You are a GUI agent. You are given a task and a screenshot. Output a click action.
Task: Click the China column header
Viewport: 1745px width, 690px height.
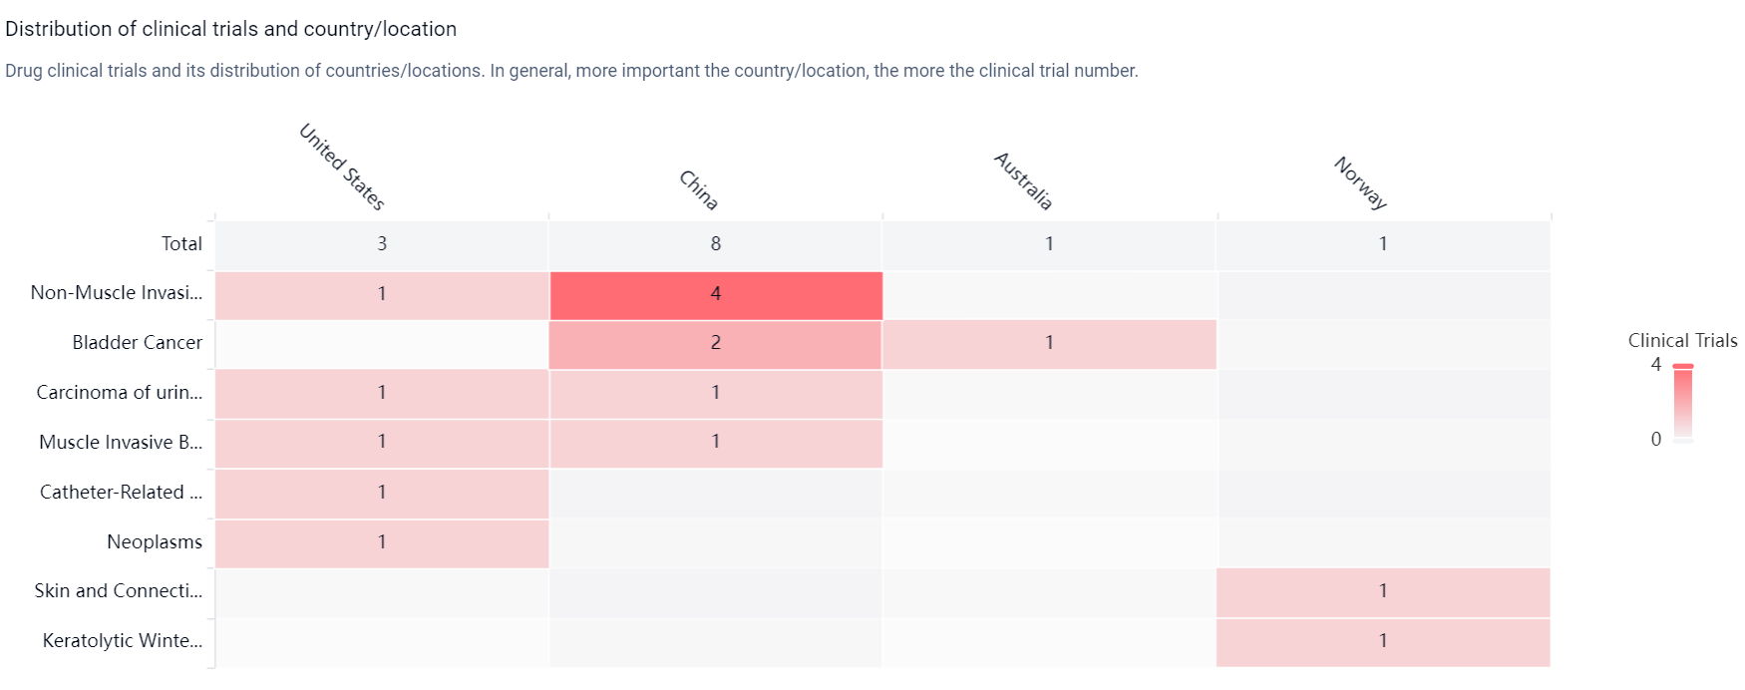(x=698, y=189)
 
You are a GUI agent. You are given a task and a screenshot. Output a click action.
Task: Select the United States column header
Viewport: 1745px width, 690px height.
(x=342, y=167)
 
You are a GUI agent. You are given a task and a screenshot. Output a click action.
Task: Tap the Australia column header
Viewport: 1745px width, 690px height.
(x=1023, y=180)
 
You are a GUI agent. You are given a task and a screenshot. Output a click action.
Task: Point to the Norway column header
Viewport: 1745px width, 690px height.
(x=1361, y=182)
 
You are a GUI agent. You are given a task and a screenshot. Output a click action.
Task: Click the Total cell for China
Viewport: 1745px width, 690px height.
(x=716, y=244)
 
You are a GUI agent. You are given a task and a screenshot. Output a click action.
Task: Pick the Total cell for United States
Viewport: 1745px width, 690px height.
(x=382, y=244)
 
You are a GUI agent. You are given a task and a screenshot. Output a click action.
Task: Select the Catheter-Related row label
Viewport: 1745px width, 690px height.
(x=121, y=492)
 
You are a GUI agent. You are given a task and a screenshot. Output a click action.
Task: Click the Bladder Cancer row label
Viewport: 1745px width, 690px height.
(x=138, y=342)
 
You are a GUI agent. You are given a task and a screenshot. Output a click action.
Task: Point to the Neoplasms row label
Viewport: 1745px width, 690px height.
(x=155, y=541)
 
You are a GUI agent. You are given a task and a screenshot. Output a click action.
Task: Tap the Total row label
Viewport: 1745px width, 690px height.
(x=182, y=243)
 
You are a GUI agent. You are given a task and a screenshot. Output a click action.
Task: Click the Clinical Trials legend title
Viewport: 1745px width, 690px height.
(x=1682, y=340)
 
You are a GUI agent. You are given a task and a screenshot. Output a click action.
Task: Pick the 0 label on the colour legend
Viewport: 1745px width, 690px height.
(x=1656, y=439)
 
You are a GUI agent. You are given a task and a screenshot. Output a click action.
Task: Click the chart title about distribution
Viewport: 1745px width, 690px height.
(x=231, y=29)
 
